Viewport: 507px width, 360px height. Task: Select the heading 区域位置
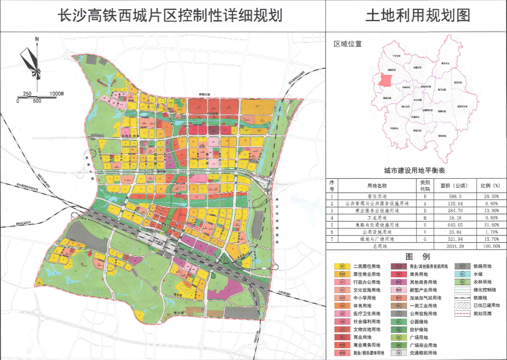(x=348, y=44)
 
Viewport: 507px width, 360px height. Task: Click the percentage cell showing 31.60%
(x=490, y=225)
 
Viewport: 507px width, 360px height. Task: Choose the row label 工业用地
(x=379, y=217)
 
